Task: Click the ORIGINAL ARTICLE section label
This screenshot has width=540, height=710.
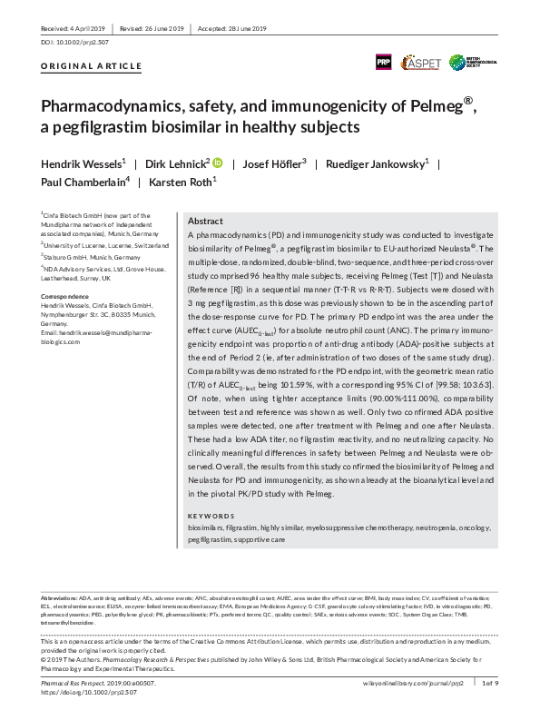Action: pyautogui.click(x=92, y=66)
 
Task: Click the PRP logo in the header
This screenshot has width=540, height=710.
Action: pyautogui.click(x=384, y=62)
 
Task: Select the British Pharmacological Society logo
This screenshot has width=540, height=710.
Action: pyautogui.click(x=478, y=61)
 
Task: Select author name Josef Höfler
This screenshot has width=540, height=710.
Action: pyautogui.click(x=278, y=163)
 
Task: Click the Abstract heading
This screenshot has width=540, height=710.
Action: pyautogui.click(x=204, y=221)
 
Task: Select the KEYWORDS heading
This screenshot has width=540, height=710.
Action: pyautogui.click(x=208, y=515)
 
